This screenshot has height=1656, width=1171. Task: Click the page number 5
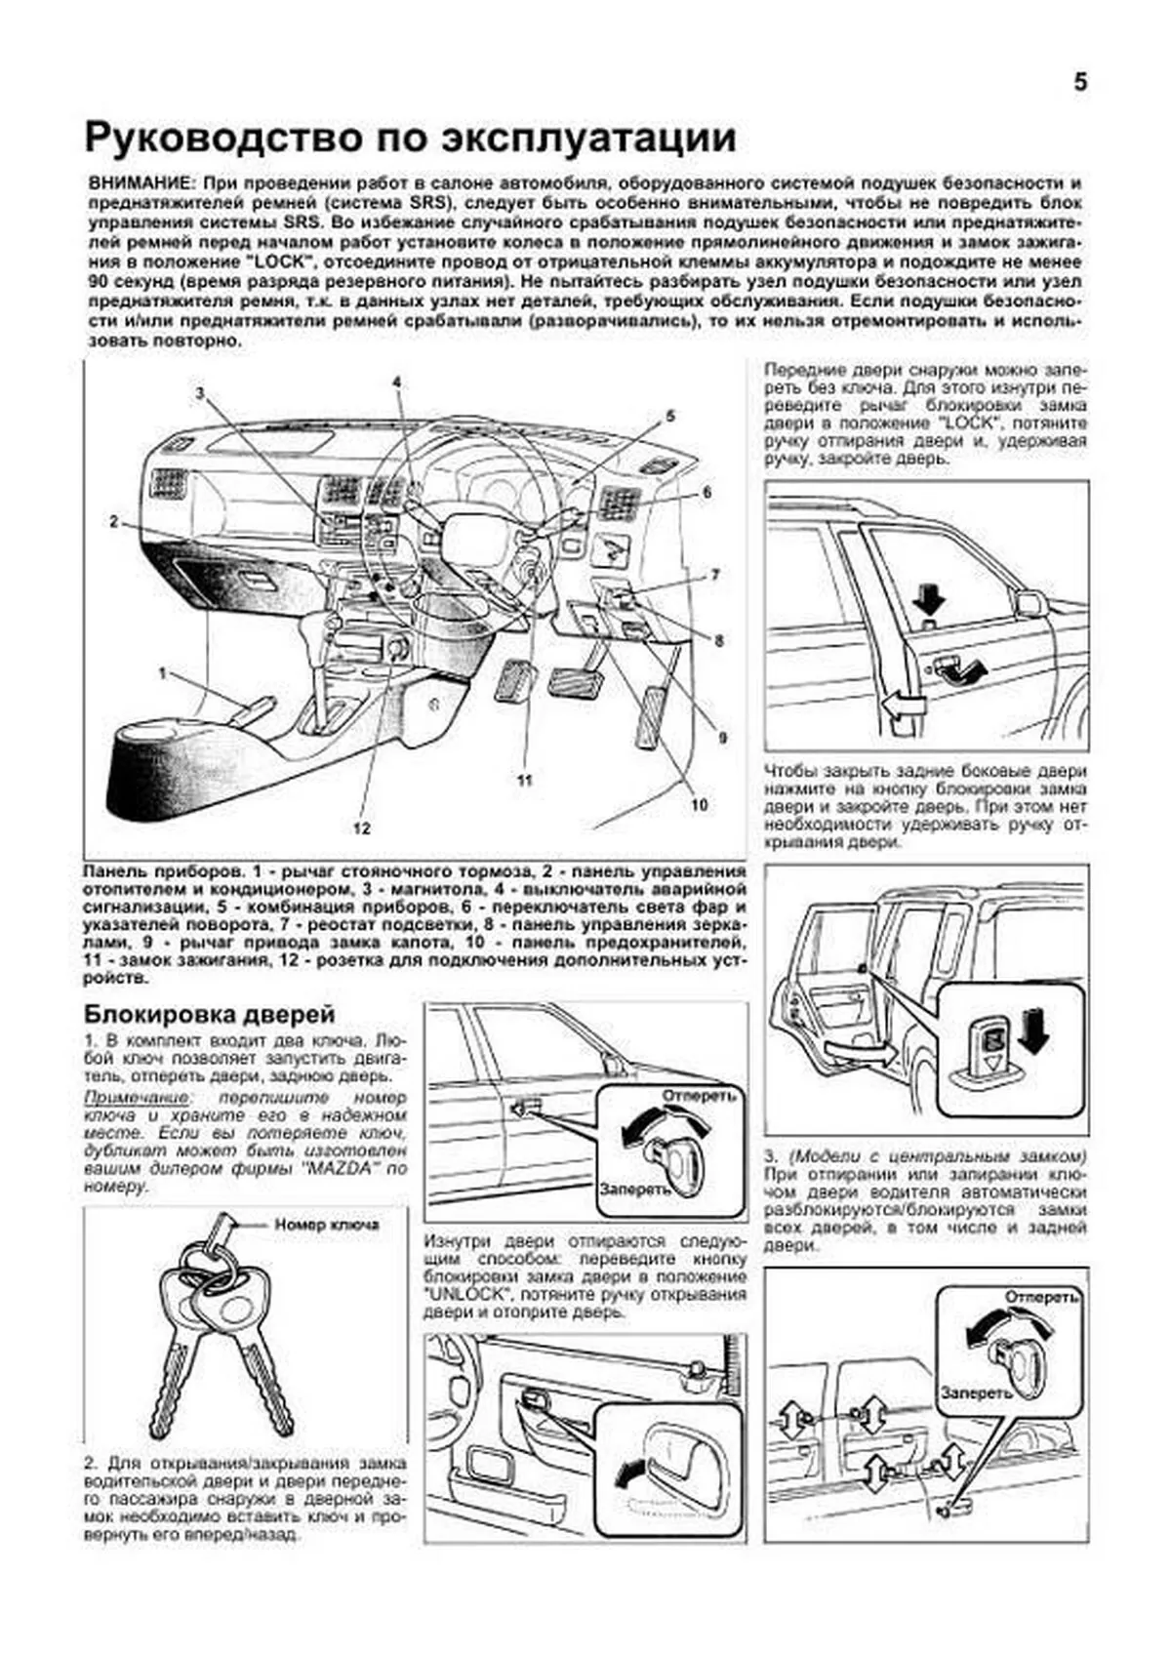(x=1080, y=82)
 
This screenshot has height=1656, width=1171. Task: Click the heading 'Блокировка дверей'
(x=209, y=1014)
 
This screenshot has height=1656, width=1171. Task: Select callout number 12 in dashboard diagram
(x=362, y=828)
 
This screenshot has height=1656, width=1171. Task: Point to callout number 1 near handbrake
(x=163, y=672)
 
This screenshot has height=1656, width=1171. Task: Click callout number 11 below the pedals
(x=525, y=780)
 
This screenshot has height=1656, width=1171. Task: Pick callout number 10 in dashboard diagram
(x=699, y=805)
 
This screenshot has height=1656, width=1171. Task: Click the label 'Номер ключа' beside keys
(x=326, y=1224)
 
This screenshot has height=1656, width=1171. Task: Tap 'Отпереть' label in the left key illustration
(x=699, y=1096)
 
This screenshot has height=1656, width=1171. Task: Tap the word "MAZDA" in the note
(x=349, y=1170)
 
